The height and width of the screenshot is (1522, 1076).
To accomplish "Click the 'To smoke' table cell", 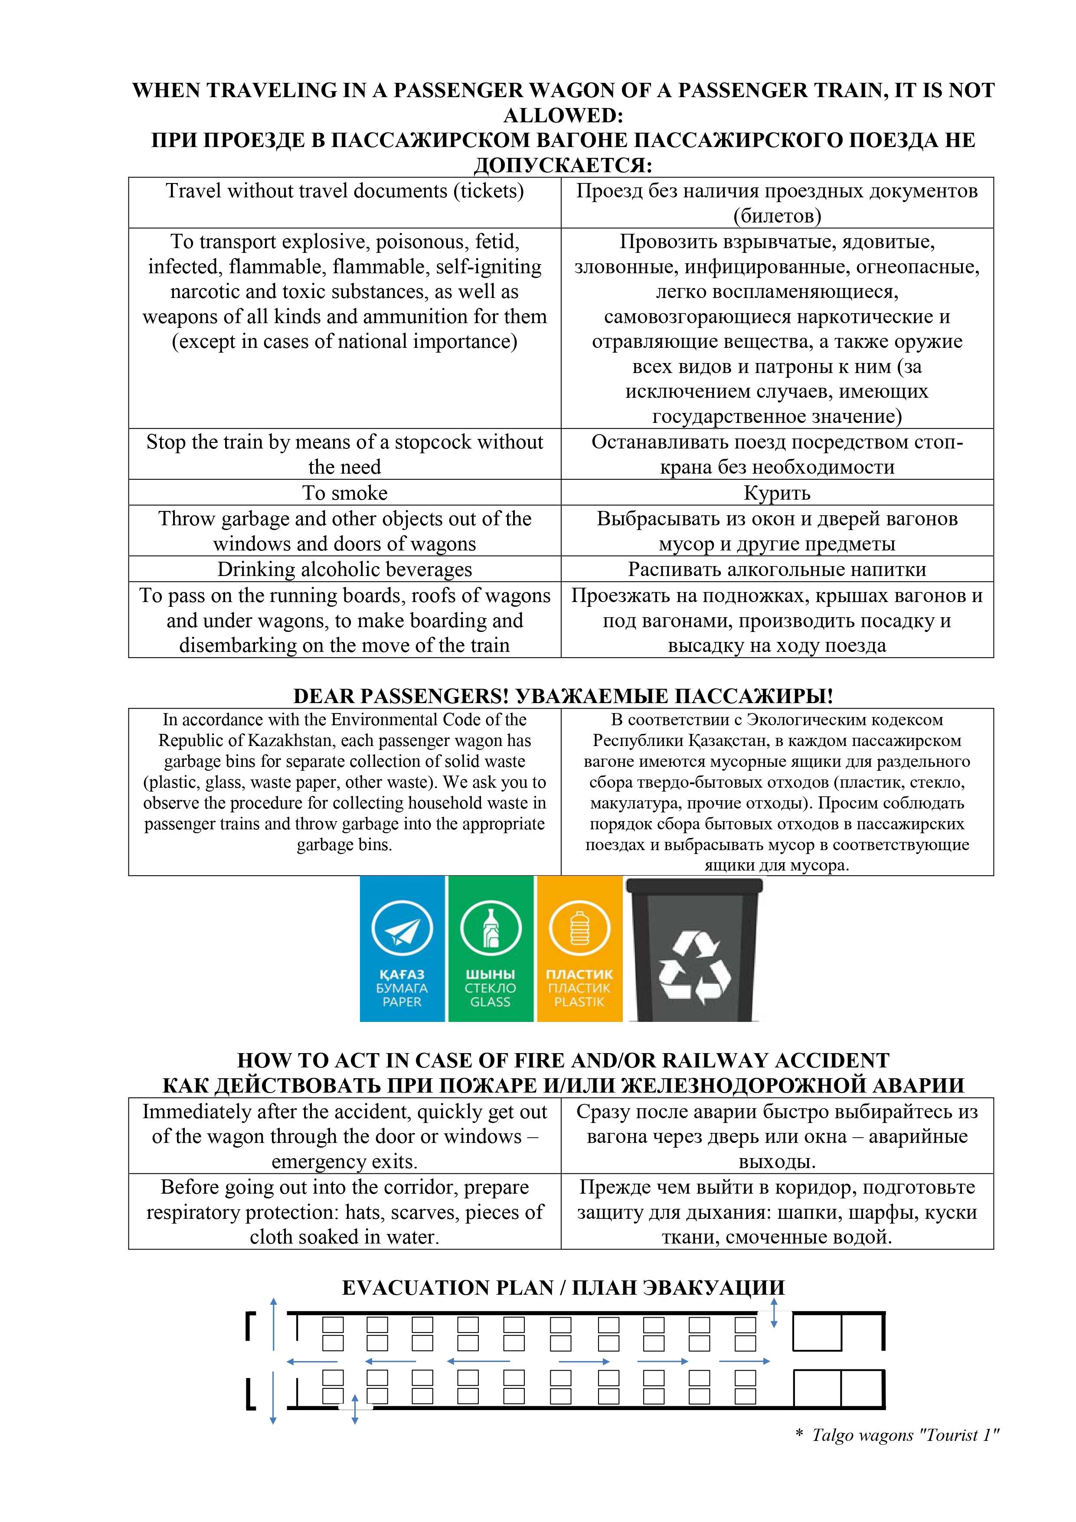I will [x=345, y=493].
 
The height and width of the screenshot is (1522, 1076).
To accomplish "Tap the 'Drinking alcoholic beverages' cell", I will [x=345, y=570].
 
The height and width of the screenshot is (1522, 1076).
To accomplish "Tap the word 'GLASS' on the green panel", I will [x=491, y=1002].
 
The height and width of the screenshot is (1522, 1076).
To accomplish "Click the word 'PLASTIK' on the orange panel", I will [x=579, y=1002].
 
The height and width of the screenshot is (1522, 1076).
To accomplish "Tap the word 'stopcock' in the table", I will [x=432, y=442].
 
